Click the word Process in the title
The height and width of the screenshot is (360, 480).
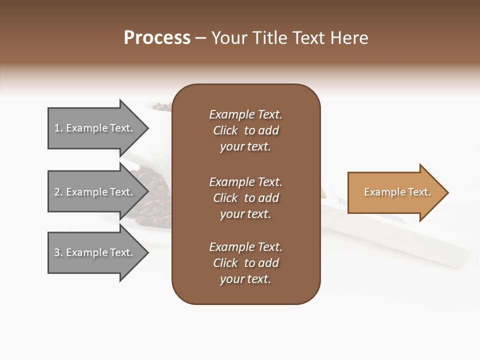(x=157, y=37)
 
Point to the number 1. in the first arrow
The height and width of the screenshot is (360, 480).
(x=58, y=128)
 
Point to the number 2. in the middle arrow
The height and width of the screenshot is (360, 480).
(x=58, y=192)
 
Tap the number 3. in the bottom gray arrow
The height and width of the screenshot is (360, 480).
(x=58, y=252)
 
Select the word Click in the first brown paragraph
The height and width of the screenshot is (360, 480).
(x=225, y=130)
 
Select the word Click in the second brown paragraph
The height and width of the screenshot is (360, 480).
(x=225, y=198)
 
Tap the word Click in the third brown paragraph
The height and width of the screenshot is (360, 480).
(x=225, y=263)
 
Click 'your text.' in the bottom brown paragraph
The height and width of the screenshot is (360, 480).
(x=245, y=279)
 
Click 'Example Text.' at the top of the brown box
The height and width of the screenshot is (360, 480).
(x=245, y=114)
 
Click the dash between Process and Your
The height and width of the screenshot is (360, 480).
(x=201, y=37)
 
